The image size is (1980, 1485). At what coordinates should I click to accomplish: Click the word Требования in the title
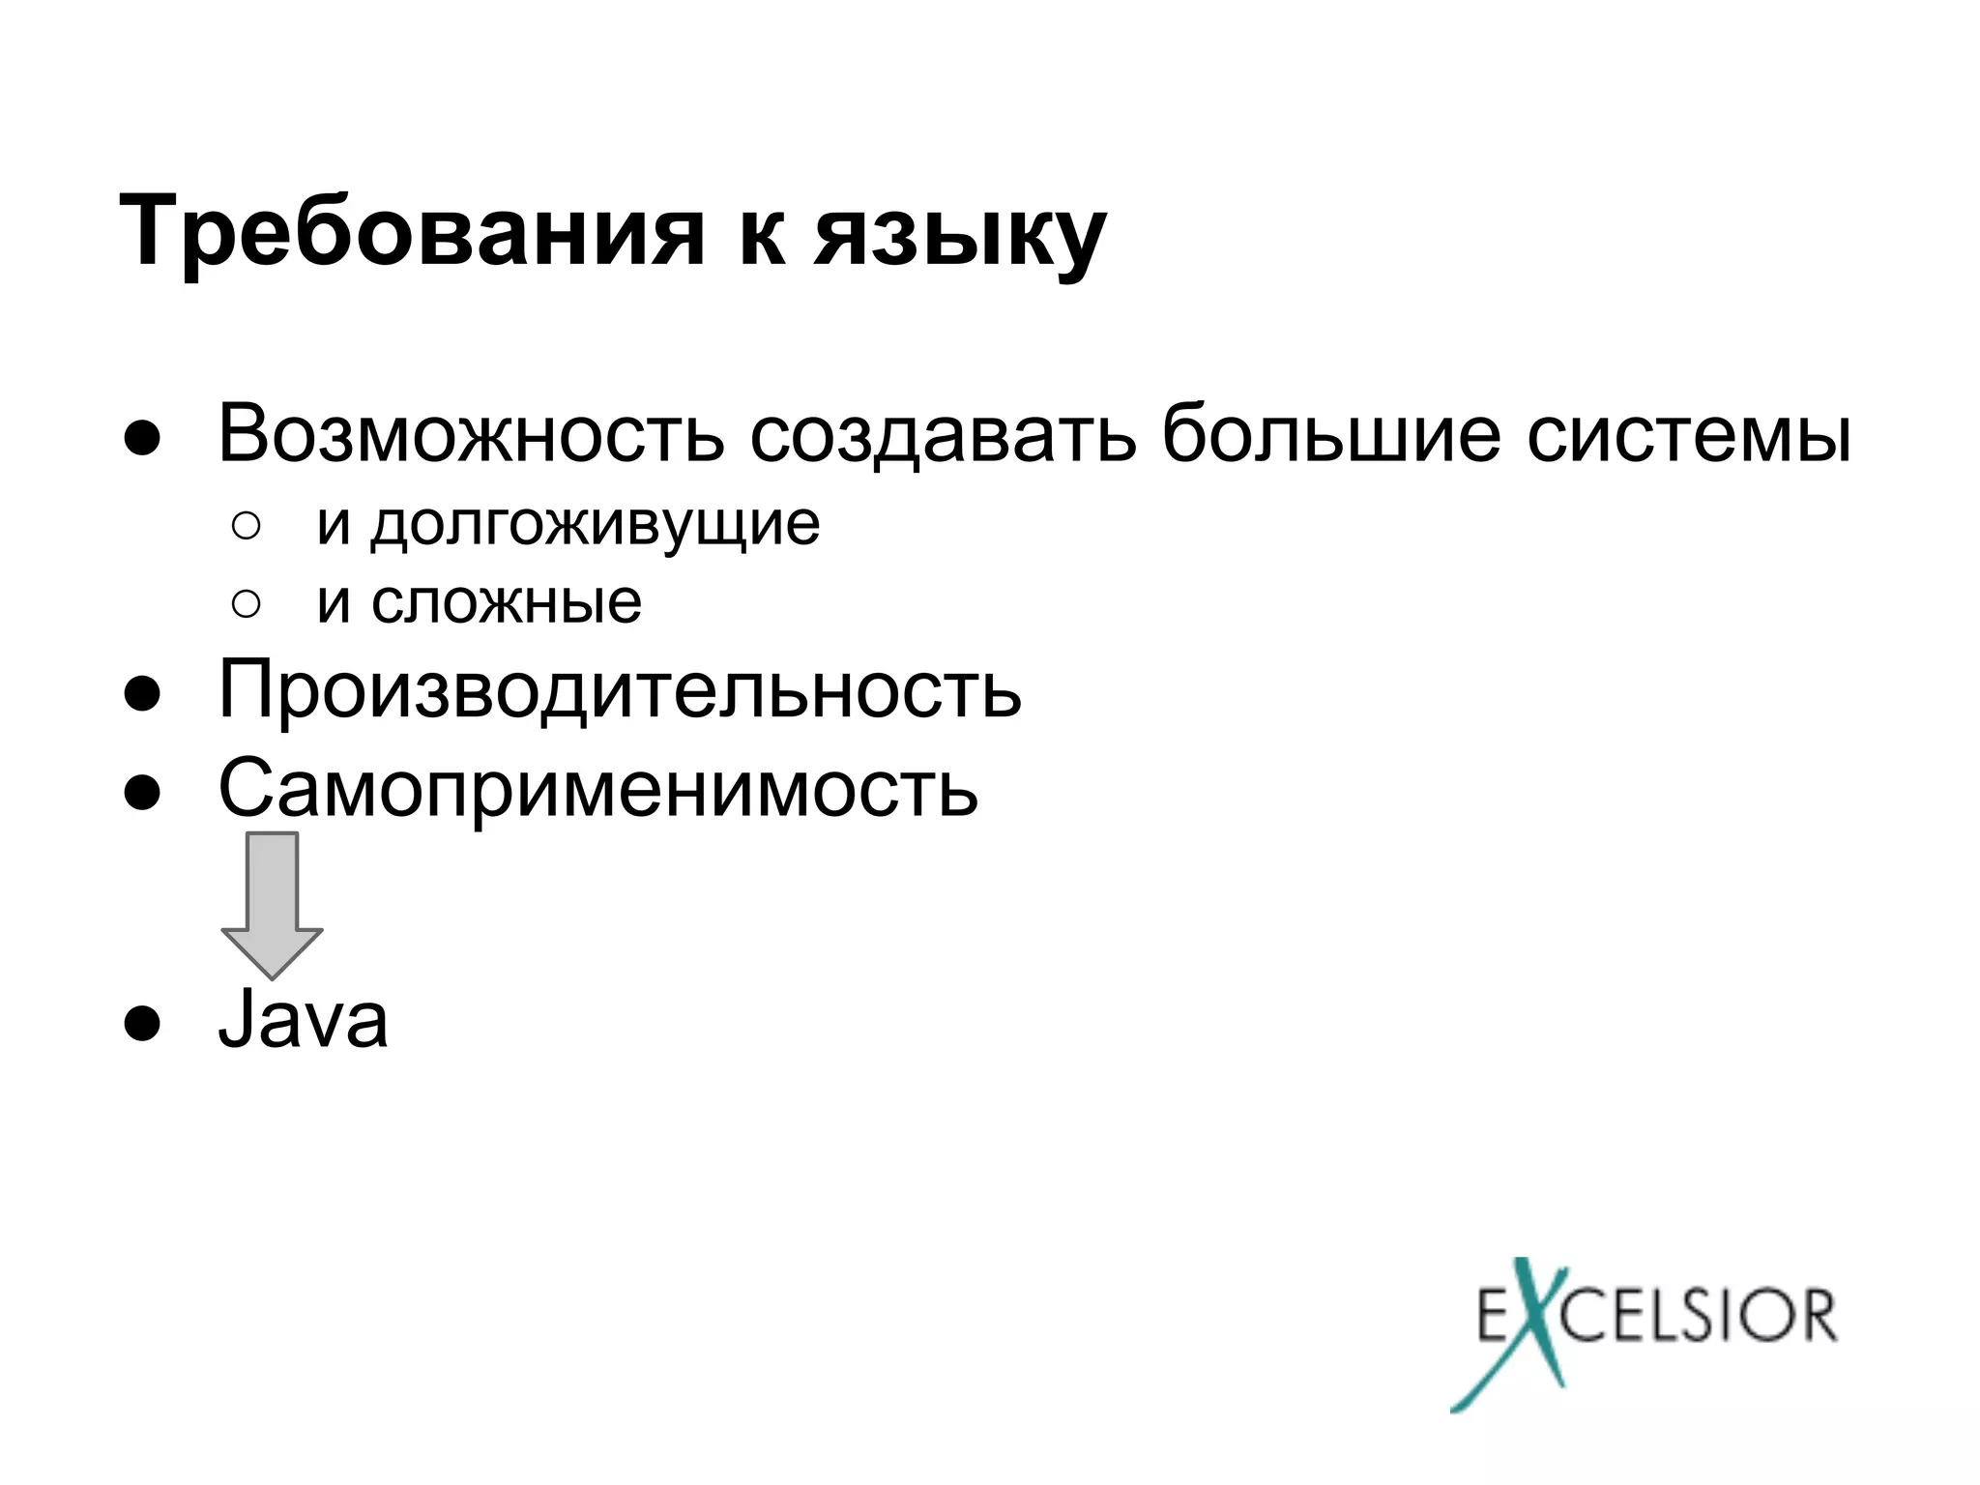[x=412, y=232]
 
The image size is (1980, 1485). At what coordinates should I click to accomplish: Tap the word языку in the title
[x=959, y=236]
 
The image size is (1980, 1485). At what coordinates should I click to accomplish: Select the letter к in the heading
[x=761, y=238]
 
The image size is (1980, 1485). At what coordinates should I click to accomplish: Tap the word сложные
[x=507, y=603]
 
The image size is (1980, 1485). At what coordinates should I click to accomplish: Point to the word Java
[x=303, y=1019]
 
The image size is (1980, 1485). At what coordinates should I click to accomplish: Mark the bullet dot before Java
[x=141, y=1023]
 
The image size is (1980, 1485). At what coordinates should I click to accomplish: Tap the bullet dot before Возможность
[x=141, y=438]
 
